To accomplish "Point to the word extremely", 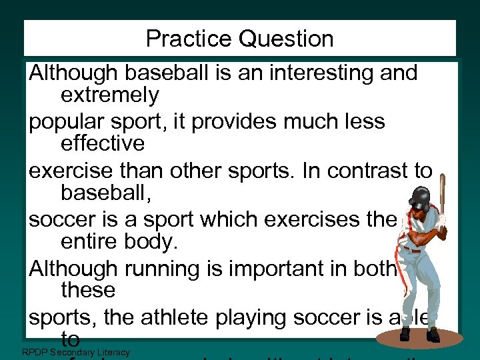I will tap(109, 95).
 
